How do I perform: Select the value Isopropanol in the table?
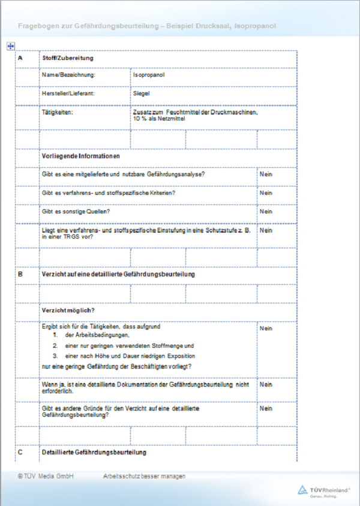click(149, 76)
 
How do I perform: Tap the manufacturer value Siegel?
click(142, 94)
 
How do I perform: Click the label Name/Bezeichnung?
click(68, 76)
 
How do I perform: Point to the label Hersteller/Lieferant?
click(68, 94)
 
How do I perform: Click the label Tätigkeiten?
click(57, 112)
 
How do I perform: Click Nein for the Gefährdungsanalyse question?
click(266, 174)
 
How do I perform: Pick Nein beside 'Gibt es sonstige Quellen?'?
click(266, 212)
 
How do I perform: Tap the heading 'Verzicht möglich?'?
click(68, 311)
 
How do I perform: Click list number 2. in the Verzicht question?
click(55, 346)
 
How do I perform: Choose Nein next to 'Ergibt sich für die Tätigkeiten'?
click(266, 329)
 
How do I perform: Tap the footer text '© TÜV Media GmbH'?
click(46, 476)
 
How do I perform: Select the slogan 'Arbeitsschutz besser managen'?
click(145, 476)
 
